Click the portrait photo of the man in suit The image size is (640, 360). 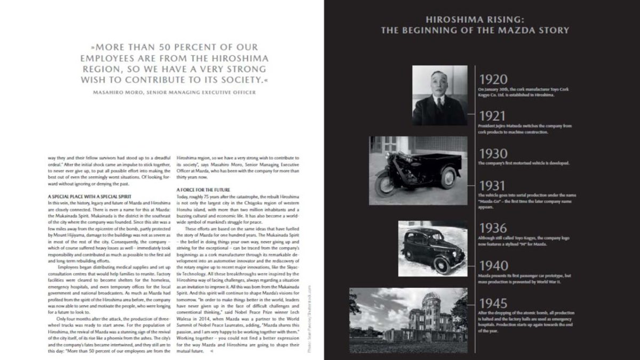coord(440,95)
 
